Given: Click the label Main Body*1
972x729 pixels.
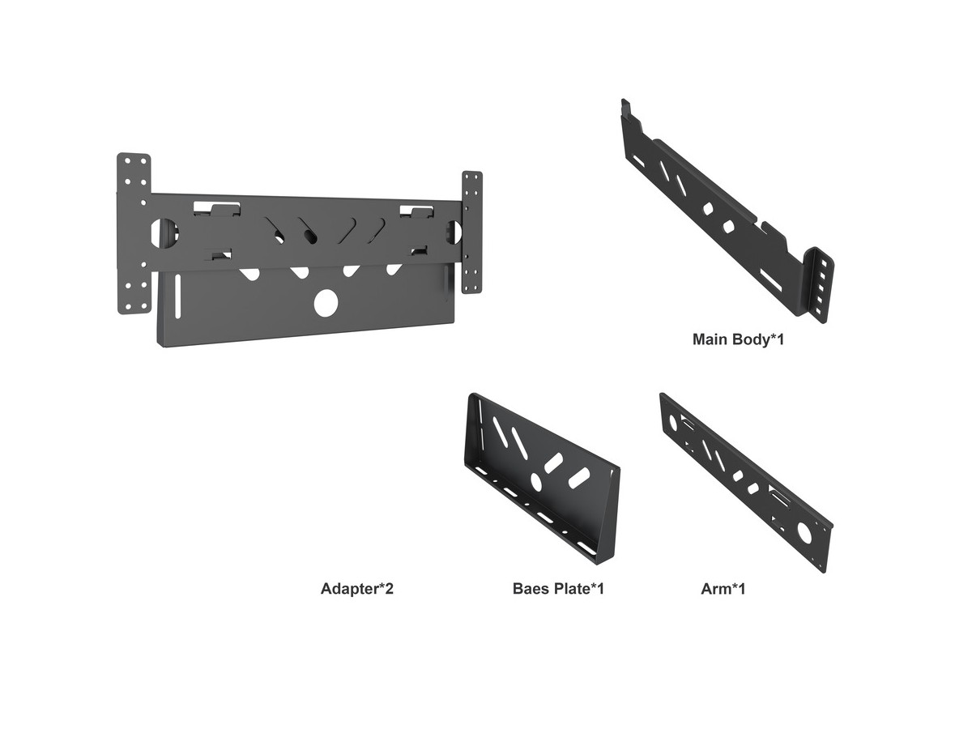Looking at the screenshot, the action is click(738, 339).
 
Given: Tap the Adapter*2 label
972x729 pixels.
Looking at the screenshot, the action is click(357, 589).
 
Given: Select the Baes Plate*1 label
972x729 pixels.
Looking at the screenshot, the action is click(558, 589).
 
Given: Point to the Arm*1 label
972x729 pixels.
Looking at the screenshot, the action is click(723, 589).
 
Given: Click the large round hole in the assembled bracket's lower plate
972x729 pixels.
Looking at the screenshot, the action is click(326, 303).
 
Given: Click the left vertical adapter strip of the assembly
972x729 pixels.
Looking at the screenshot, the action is click(134, 234).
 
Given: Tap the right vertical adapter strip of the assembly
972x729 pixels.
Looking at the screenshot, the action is click(472, 232).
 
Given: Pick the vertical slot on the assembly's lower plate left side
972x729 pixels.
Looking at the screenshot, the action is click(177, 296).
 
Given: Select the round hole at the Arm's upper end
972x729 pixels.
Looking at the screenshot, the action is click(673, 424).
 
